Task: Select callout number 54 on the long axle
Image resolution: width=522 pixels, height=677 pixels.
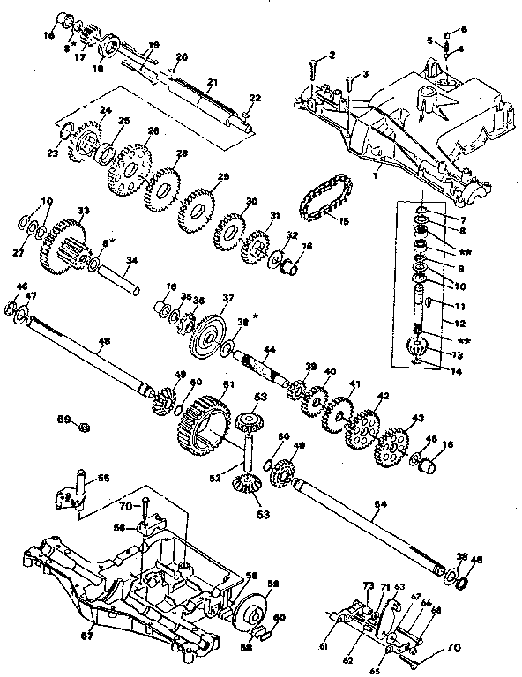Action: (x=380, y=503)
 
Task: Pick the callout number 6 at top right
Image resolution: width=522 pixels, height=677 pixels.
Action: (x=464, y=29)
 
